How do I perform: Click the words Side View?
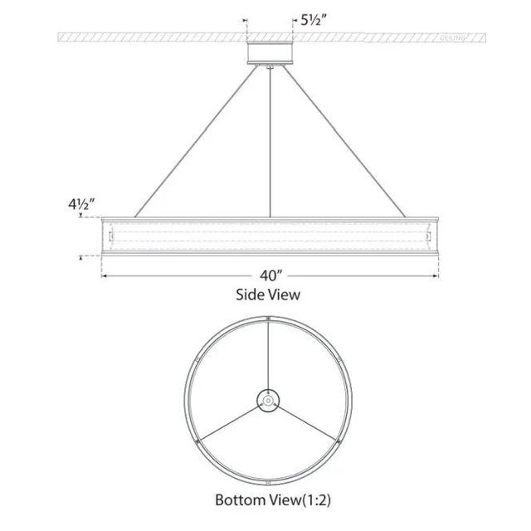point(269,294)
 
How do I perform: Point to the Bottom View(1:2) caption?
point(269,500)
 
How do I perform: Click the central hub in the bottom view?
point(269,400)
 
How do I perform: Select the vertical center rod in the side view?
point(270,141)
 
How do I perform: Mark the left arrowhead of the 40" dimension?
point(105,275)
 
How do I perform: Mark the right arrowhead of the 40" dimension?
point(435,275)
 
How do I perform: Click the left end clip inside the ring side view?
point(109,237)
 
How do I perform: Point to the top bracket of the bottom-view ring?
point(269,319)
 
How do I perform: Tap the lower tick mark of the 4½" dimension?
point(80,257)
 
